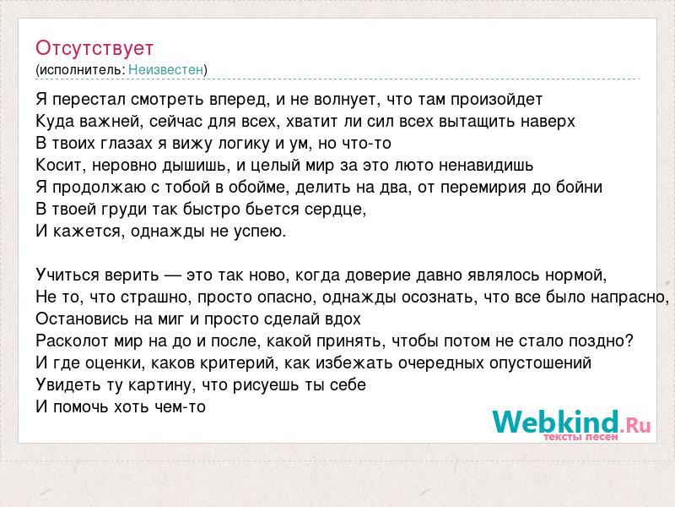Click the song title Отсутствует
tap(94, 48)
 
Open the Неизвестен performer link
tap(165, 69)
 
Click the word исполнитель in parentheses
tap(82, 70)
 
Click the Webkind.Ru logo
tap(572, 425)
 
